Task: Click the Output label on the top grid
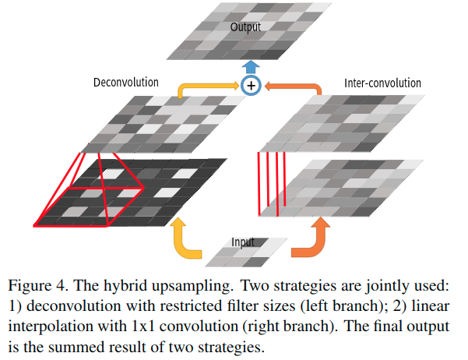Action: click(245, 27)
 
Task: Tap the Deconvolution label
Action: click(125, 82)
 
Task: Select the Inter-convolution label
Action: click(382, 83)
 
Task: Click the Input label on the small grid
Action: click(243, 242)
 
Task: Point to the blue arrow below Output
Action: click(251, 66)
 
